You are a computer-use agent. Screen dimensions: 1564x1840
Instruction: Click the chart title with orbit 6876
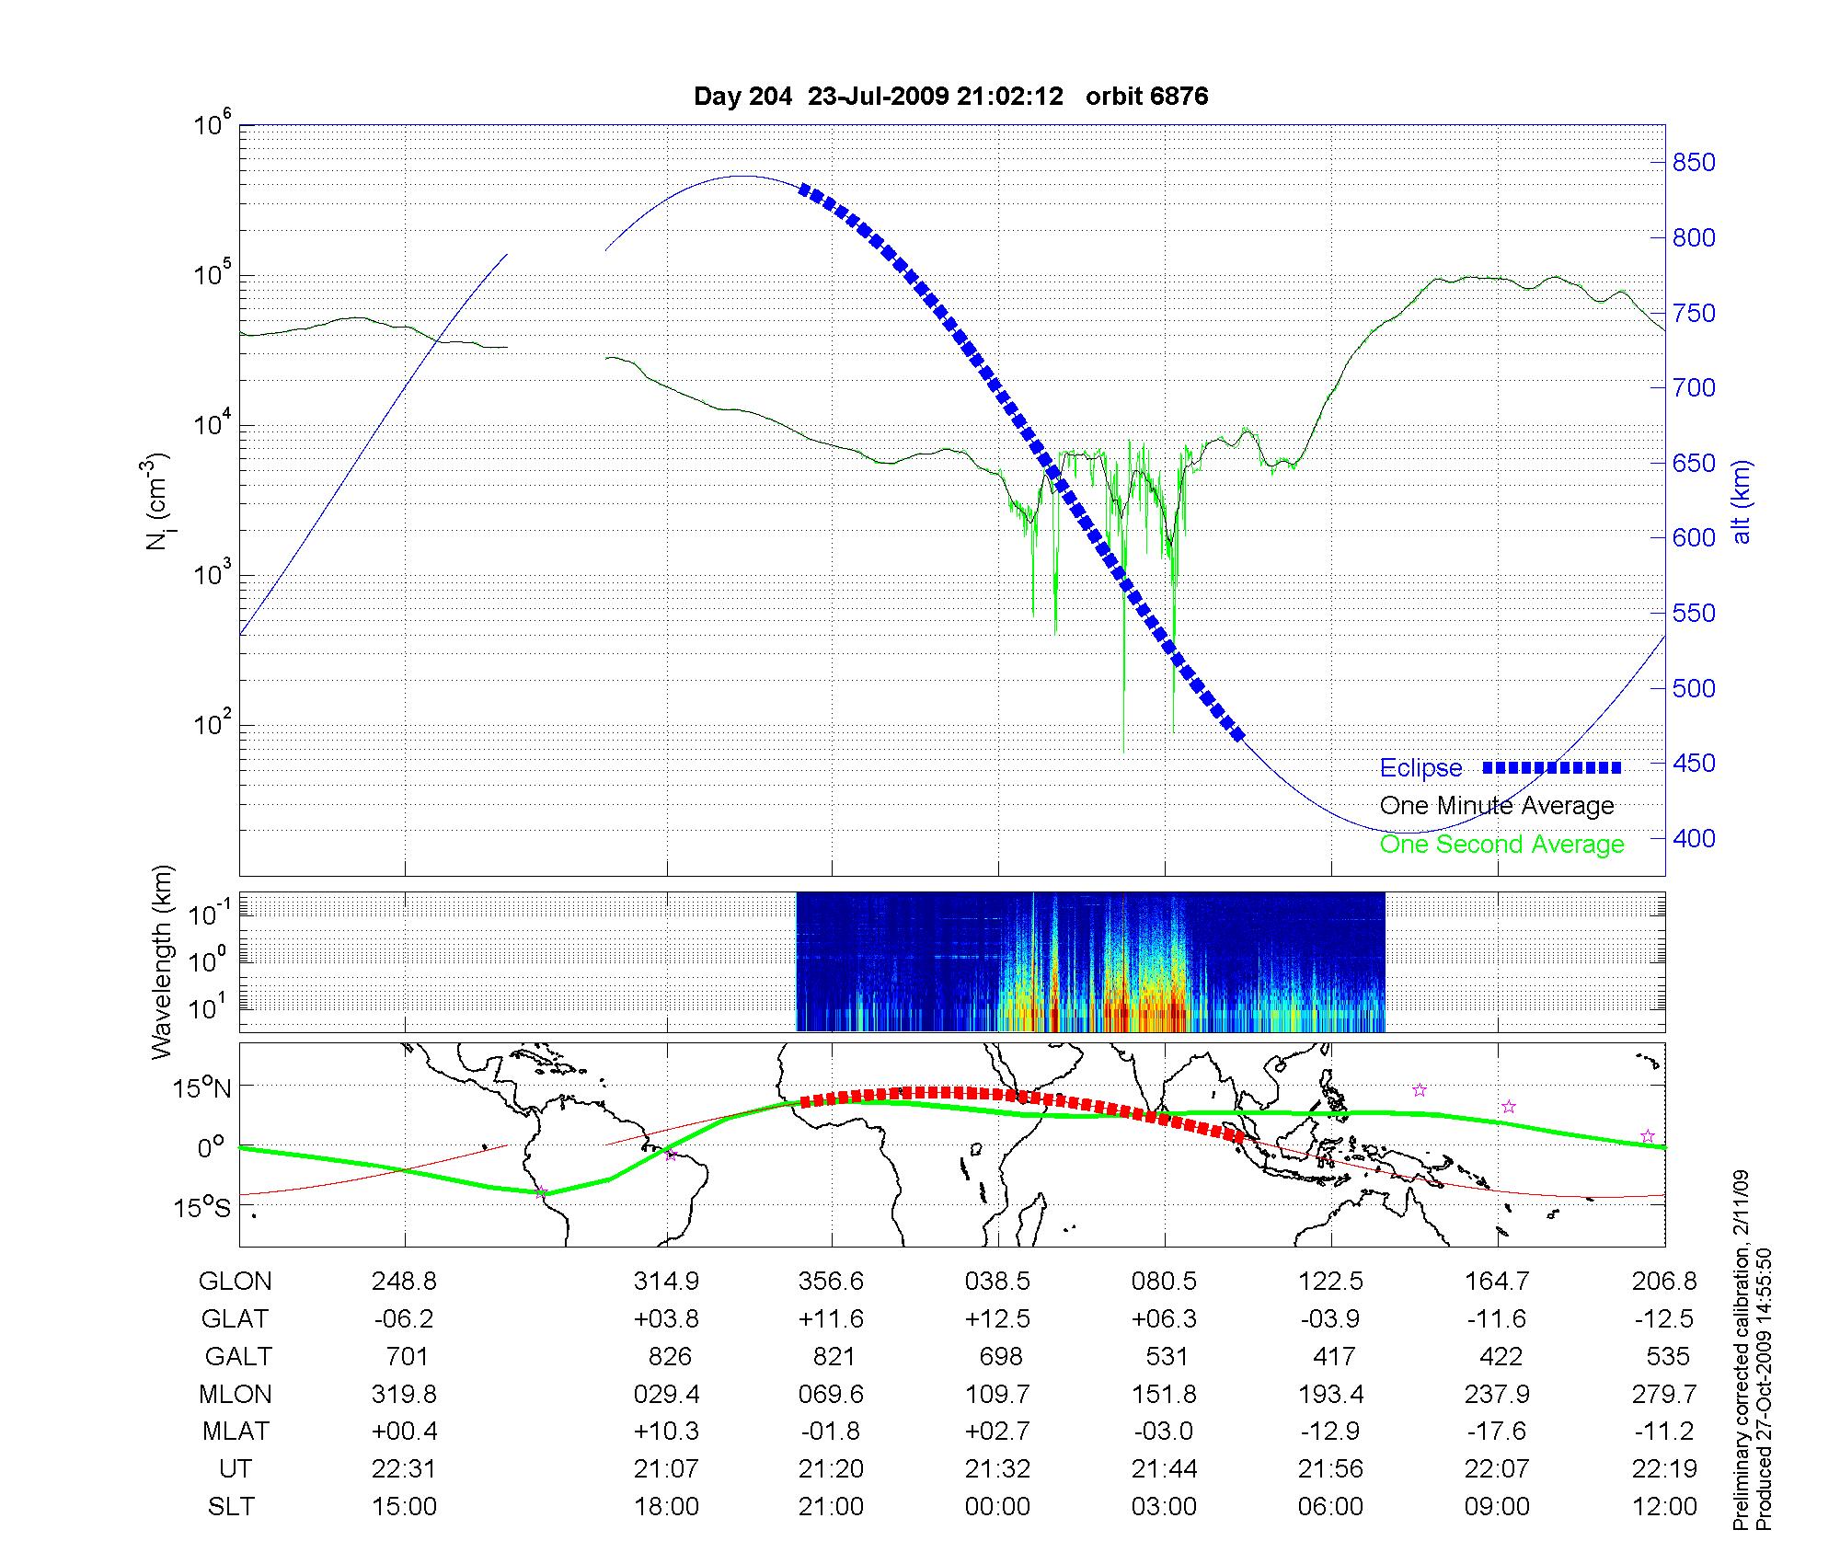point(950,97)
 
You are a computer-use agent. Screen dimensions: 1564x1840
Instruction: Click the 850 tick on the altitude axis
point(1693,163)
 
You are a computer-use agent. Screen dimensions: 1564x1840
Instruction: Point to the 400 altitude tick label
point(1693,838)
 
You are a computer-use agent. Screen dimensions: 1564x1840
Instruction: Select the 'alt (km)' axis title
point(1742,501)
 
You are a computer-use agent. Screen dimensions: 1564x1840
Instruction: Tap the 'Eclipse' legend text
point(1420,768)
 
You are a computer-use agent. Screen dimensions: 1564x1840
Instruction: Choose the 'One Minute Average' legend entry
point(1497,806)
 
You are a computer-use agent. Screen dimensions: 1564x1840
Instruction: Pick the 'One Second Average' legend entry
point(1501,845)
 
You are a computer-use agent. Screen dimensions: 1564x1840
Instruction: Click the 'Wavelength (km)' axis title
point(163,961)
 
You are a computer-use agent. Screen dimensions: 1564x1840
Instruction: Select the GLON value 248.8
point(404,1281)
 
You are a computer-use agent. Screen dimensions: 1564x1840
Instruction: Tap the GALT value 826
point(669,1356)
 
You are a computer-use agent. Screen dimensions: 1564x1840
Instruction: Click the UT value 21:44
point(1164,1469)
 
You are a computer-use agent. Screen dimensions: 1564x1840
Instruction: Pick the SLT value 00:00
point(997,1507)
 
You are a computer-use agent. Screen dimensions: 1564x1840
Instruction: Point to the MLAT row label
point(236,1432)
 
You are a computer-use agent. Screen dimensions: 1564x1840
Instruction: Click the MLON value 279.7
point(1664,1394)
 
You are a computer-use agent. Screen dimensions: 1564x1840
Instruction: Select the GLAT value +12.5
point(997,1318)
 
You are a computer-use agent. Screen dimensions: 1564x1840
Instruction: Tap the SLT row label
point(231,1507)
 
